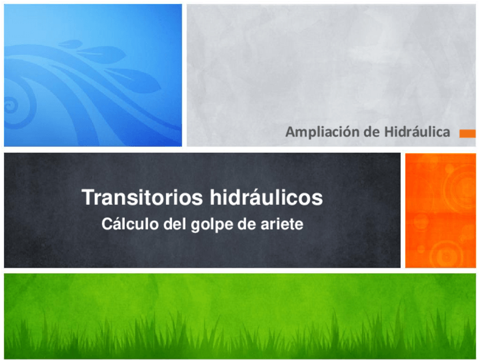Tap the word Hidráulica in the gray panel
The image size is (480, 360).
coord(417,132)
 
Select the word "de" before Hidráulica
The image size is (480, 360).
coord(371,132)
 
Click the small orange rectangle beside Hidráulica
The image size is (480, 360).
coord(467,134)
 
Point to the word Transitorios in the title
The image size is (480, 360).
coord(144,198)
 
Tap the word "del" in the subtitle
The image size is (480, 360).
coord(172,225)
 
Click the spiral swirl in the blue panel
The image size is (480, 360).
coord(11,105)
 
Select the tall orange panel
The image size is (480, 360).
coord(440,210)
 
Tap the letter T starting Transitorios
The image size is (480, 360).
coord(88,198)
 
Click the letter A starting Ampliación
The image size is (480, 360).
coord(290,132)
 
